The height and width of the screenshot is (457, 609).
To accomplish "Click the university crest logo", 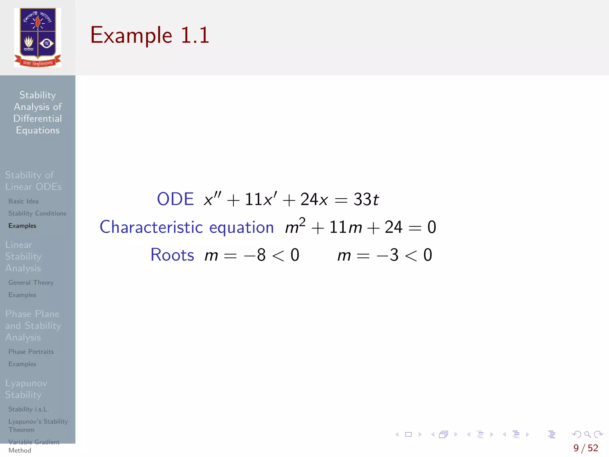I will [x=37, y=37].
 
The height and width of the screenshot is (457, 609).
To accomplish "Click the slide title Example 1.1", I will [x=150, y=35].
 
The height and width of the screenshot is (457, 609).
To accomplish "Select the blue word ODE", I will [x=175, y=199].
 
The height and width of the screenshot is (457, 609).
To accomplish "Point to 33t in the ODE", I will [x=366, y=199].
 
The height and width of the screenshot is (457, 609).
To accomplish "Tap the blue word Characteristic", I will [x=151, y=227].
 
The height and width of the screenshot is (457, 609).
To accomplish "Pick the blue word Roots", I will [x=172, y=255].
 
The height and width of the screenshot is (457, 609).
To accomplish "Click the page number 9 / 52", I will [x=586, y=448].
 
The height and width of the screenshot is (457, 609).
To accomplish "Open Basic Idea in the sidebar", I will [x=23, y=201].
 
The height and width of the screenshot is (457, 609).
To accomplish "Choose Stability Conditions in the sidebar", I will [x=37, y=213].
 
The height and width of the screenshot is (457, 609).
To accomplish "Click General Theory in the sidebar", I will [x=31, y=282].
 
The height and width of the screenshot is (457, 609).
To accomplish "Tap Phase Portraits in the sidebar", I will [x=31, y=352].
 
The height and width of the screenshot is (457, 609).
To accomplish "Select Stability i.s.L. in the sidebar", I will [x=29, y=409].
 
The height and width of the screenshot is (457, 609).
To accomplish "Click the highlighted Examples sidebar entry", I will [x=22, y=226].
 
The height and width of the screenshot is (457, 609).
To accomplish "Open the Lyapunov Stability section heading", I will [x=26, y=389].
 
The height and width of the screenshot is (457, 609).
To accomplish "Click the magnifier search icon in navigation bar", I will [x=587, y=434].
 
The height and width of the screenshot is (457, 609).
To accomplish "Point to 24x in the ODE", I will [x=314, y=199].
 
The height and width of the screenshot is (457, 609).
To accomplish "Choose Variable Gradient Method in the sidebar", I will [x=34, y=446].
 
